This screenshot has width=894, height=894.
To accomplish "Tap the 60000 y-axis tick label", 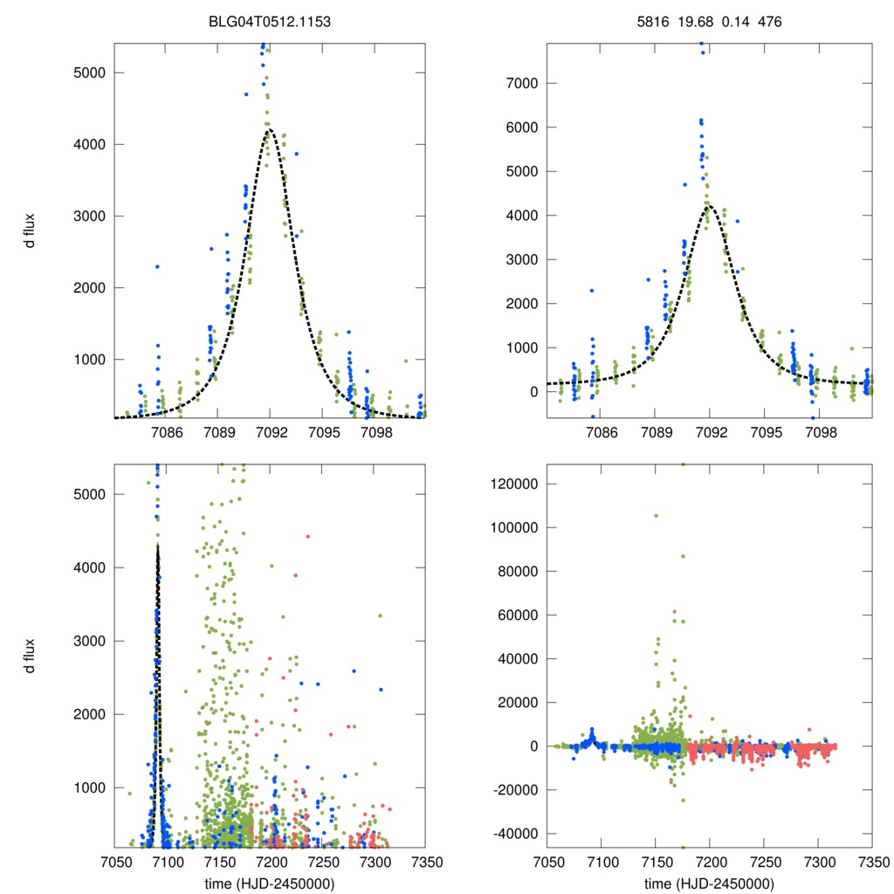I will [x=516, y=615].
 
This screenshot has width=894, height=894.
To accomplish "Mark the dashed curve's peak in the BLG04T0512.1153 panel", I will [x=270, y=129].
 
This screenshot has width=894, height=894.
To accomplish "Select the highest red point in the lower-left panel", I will [x=308, y=536].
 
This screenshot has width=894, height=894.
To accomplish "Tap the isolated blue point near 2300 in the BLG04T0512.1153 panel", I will [x=157, y=266].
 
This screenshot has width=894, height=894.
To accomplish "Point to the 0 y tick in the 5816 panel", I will [x=532, y=391].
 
